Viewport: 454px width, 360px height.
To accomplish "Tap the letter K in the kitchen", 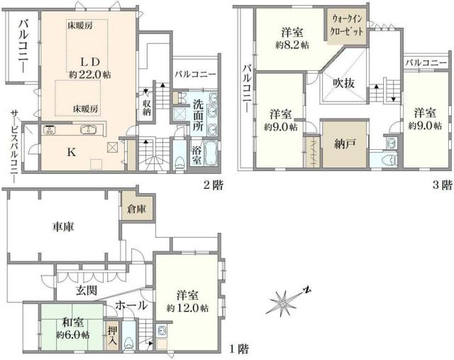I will [72, 151].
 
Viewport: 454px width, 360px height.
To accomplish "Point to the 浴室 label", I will [199, 151].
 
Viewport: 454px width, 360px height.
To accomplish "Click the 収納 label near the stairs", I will [147, 107].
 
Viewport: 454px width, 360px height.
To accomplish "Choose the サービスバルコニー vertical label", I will [13, 142].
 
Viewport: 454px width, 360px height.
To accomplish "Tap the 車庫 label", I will [64, 228].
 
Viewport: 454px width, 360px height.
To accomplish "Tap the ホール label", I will [132, 306].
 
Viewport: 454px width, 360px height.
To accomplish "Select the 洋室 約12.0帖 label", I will [187, 301].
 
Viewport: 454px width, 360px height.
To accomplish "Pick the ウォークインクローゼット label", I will [346, 27].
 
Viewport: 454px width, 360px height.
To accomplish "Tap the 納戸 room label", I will [345, 142].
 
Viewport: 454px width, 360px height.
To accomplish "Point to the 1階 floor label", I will [239, 349].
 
